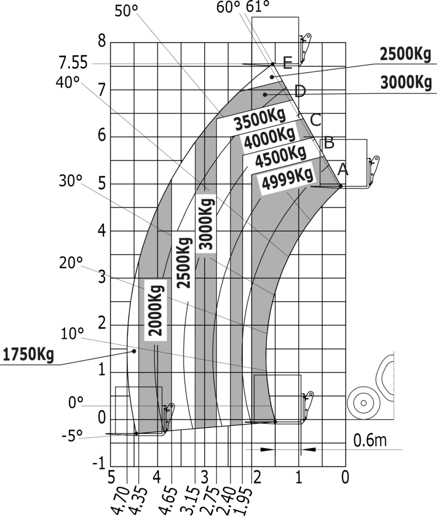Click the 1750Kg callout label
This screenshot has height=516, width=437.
(x=28, y=355)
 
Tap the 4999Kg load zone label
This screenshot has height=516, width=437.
(x=287, y=179)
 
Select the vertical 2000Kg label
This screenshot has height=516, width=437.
(x=155, y=310)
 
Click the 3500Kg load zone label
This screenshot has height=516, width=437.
(x=260, y=119)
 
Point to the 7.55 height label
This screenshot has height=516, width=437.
(x=73, y=63)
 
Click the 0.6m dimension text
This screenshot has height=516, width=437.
(x=370, y=440)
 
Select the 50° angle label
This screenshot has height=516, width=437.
(x=126, y=10)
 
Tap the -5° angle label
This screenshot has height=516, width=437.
(x=72, y=436)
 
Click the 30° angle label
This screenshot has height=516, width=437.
(x=71, y=181)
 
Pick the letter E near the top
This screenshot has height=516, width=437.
(x=287, y=63)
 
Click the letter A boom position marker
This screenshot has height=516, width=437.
(x=343, y=170)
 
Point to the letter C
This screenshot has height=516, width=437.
(x=316, y=120)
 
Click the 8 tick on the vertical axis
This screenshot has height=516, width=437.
(x=102, y=41)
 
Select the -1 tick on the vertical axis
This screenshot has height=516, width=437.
(x=98, y=464)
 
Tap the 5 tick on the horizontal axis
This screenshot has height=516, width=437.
(x=112, y=477)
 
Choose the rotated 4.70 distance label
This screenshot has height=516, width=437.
(x=119, y=501)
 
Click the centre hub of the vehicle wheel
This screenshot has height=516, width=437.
(x=364, y=403)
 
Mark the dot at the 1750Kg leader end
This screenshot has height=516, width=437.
(x=134, y=351)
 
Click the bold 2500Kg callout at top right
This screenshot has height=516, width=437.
(x=405, y=54)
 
